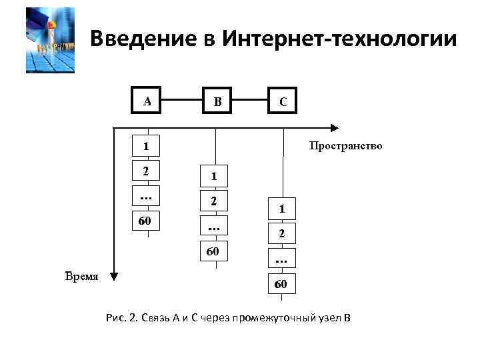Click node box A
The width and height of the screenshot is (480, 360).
click(147, 101)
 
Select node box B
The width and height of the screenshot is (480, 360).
click(216, 101)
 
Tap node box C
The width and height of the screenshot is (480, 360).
click(283, 101)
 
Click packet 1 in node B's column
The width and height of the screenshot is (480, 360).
click(214, 177)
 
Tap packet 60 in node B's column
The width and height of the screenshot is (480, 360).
click(214, 251)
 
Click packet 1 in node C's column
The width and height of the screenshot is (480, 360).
click(283, 209)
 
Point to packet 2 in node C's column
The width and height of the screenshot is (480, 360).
click(283, 234)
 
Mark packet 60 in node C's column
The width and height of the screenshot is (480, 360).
click(283, 285)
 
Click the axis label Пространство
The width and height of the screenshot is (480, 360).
click(344, 145)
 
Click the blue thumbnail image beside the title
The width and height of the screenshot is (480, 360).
click(50, 40)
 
